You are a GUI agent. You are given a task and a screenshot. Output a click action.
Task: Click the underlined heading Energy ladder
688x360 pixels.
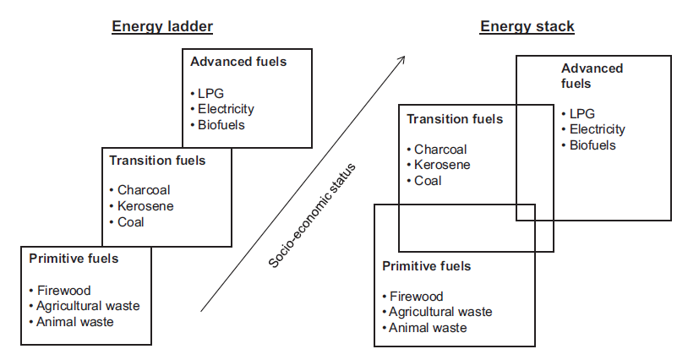[x=162, y=26]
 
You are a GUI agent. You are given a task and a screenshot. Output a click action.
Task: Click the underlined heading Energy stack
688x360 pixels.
[x=527, y=26]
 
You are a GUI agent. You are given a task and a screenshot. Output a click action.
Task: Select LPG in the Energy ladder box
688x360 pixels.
[x=210, y=93]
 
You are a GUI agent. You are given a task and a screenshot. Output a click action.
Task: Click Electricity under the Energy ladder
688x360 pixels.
[x=226, y=109]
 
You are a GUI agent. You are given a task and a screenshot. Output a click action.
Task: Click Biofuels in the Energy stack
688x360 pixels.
[x=592, y=145]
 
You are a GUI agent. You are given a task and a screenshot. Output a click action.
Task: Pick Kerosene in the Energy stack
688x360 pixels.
[x=441, y=165]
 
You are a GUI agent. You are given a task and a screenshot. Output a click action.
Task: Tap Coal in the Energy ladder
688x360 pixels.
[x=131, y=222]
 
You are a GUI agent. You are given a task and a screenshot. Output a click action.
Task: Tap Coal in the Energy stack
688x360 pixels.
[x=428, y=181]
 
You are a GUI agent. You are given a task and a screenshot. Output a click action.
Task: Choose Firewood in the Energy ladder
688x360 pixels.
[x=63, y=291]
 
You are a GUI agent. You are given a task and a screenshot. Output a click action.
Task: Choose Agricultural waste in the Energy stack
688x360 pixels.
[x=440, y=312]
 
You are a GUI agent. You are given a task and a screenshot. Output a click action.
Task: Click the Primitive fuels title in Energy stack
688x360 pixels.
[x=426, y=266]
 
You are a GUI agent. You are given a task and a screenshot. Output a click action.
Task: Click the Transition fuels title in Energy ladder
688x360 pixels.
[x=157, y=159]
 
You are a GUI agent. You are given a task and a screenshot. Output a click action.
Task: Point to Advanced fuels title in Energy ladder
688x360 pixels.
[x=238, y=62]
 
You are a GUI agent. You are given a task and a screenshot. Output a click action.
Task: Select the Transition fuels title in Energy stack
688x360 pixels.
[x=455, y=119]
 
